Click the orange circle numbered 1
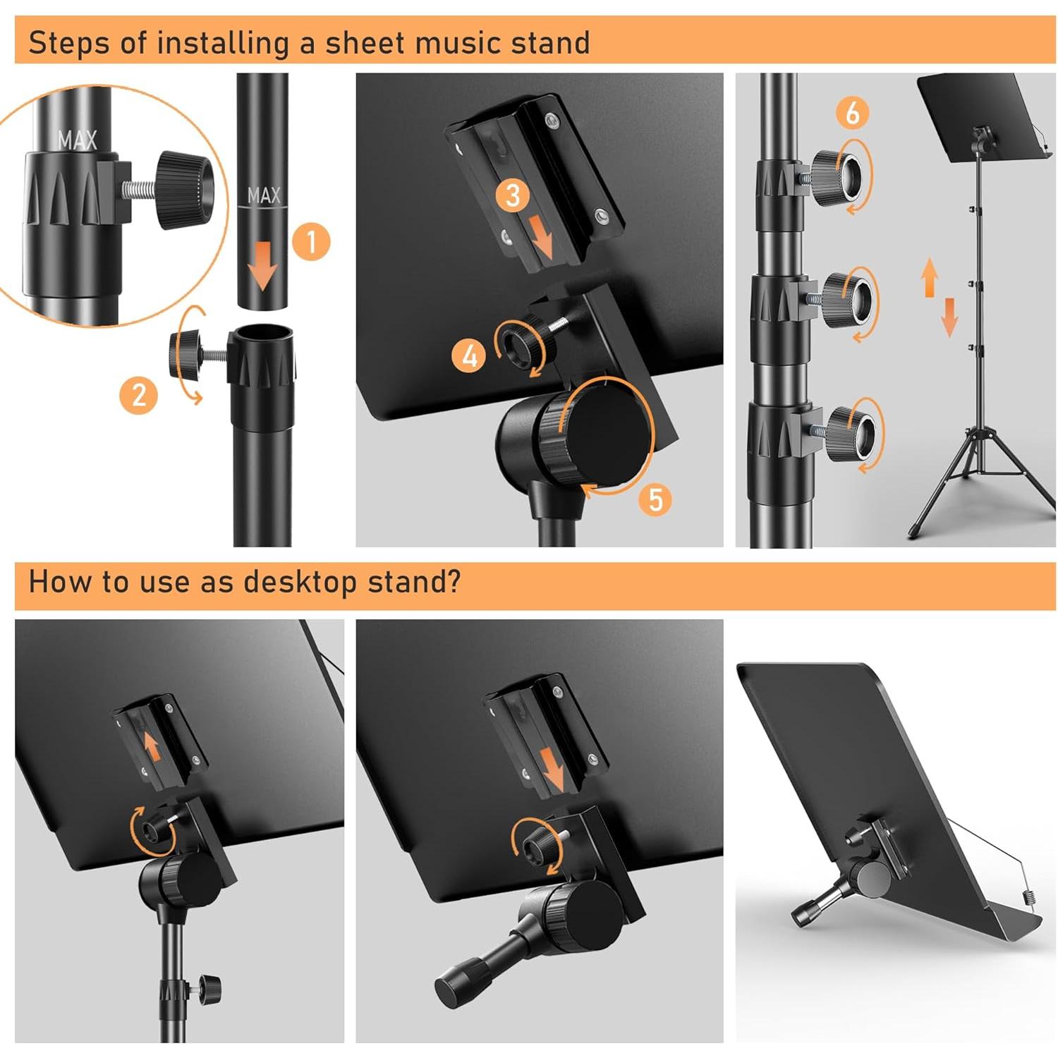pyautogui.click(x=310, y=241)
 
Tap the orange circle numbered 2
pyautogui.click(x=139, y=394)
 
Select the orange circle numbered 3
pyautogui.click(x=513, y=195)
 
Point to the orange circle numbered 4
pyautogui.click(x=470, y=355)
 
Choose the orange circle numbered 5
pyautogui.click(x=655, y=499)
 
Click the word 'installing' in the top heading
pyautogui.click(x=223, y=43)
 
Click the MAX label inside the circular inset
pyautogui.click(x=78, y=140)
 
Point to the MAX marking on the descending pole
pyautogui.click(x=264, y=195)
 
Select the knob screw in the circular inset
pyautogui.click(x=185, y=189)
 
